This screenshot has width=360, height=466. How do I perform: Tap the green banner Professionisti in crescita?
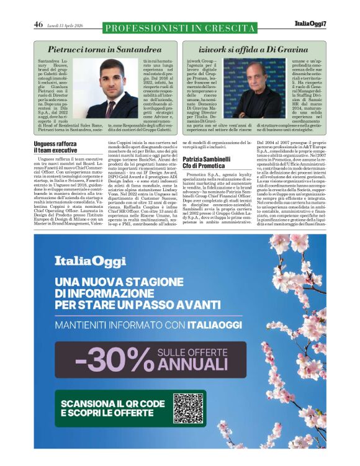pyautogui.click(x=179, y=27)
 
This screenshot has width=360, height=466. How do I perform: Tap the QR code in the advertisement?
pyautogui.click(x=189, y=408)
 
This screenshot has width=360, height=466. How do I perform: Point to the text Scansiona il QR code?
pyautogui.click(x=113, y=402)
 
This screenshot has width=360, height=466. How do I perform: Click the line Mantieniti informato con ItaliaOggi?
pyautogui.click(x=142, y=325)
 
